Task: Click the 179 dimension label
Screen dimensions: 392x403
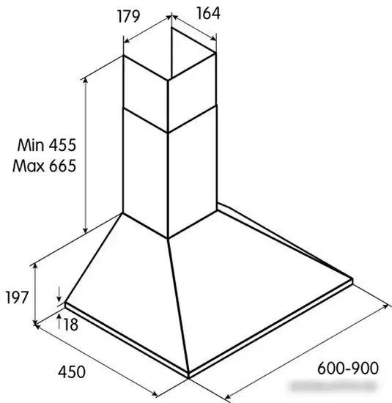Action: tap(128, 16)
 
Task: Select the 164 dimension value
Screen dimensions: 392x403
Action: tap(209, 13)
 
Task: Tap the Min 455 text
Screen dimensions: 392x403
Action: tap(47, 144)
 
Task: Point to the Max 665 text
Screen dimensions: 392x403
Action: tap(45, 166)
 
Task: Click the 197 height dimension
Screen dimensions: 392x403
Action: tap(16, 297)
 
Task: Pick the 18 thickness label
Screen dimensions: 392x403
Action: tap(70, 325)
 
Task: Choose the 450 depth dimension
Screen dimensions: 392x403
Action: tap(72, 372)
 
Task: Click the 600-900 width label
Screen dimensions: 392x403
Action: tap(348, 368)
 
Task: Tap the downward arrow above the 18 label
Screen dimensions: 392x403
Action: tap(59, 295)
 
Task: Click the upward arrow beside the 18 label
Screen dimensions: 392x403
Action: tap(59, 321)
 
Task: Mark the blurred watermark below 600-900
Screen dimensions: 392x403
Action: tap(333, 386)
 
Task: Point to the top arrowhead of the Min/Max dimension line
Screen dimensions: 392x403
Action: tap(86, 80)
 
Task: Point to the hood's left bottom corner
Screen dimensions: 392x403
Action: tap(65, 304)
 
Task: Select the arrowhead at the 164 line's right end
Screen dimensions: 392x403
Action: tap(213, 39)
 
